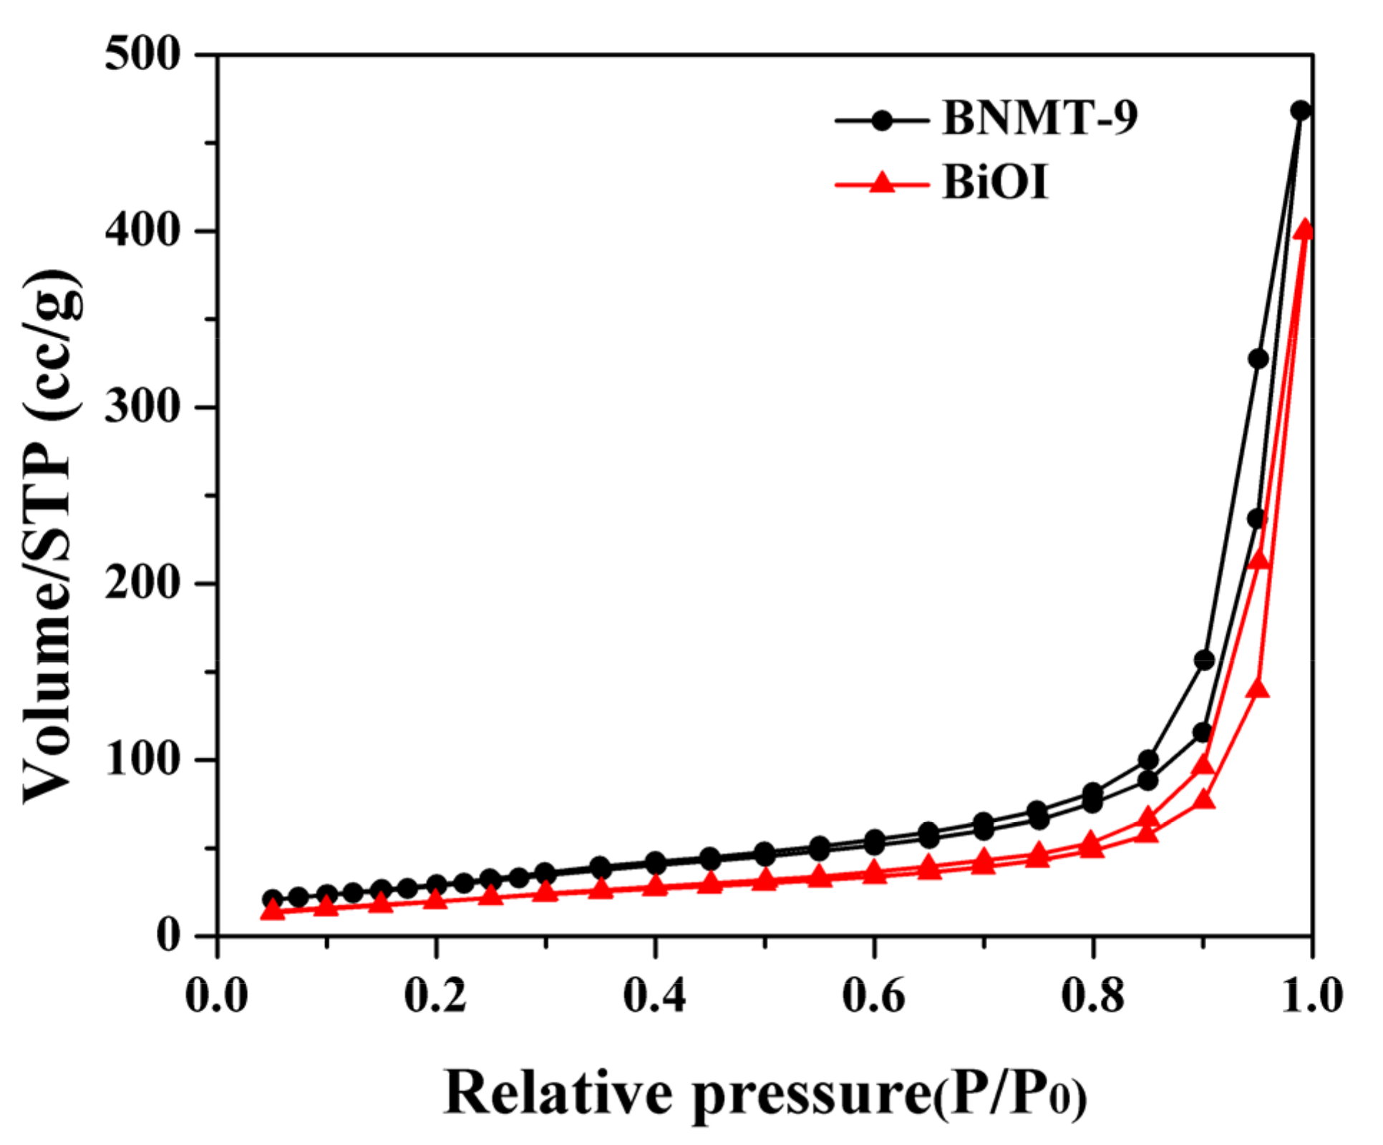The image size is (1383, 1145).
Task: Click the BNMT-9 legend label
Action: [1039, 117]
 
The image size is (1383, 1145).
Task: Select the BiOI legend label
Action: [994, 182]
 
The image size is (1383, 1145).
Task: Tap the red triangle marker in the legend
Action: [882, 184]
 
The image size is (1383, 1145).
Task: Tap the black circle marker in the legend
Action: [882, 120]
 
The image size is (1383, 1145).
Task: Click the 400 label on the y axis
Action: [141, 230]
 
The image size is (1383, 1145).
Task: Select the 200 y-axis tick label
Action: [141, 583]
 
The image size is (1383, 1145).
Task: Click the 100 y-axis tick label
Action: [141, 759]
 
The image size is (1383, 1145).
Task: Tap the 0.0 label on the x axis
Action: [216, 995]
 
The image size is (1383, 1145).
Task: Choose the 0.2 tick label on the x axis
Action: [435, 995]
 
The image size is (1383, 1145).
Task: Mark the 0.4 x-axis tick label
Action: [654, 995]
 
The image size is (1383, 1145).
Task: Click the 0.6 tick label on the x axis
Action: [873, 995]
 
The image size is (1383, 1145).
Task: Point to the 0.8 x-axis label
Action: [1092, 995]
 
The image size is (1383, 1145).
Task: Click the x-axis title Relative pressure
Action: [765, 1093]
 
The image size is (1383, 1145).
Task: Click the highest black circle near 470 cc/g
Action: [1301, 111]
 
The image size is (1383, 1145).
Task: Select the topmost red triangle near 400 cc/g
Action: [1304, 229]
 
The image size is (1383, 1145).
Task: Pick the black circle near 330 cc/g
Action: [1258, 359]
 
